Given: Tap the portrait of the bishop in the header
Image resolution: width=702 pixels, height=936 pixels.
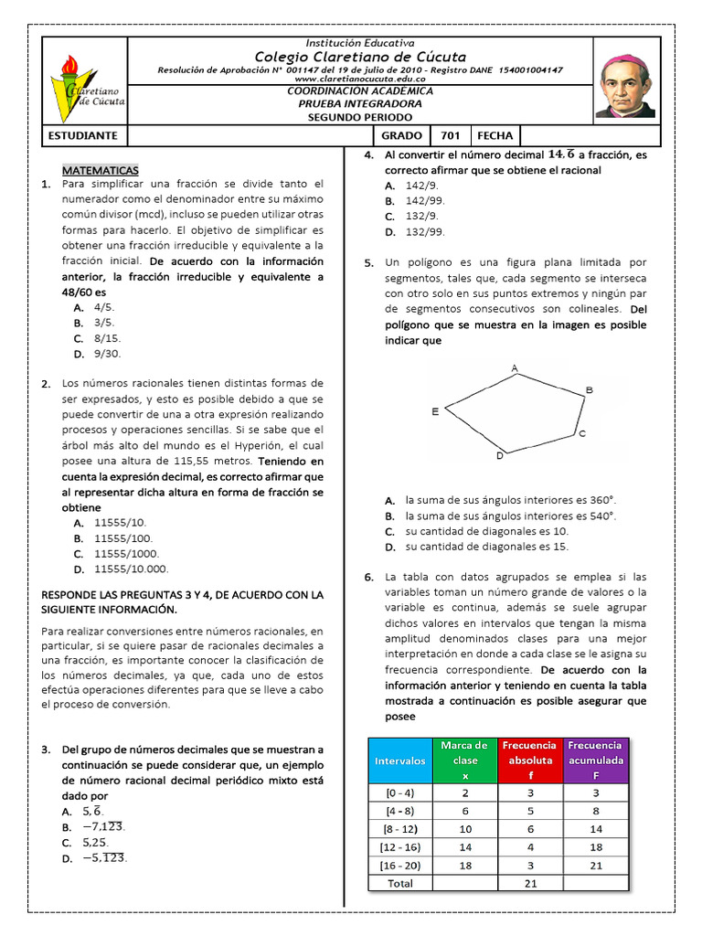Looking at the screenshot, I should (x=624, y=85).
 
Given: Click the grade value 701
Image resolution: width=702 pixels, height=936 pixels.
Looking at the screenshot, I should (x=450, y=135).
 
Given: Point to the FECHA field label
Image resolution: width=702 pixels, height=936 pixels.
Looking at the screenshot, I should (x=495, y=135).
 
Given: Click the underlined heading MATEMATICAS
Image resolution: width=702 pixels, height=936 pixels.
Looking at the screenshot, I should (x=101, y=170).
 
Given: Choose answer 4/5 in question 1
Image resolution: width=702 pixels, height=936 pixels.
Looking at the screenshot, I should (x=104, y=308).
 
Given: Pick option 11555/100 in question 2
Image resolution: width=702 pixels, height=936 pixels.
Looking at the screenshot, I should (x=123, y=538).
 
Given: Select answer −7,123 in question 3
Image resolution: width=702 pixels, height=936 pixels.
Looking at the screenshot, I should (x=102, y=826).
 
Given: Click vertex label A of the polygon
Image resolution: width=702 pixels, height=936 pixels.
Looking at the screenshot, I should (x=515, y=367).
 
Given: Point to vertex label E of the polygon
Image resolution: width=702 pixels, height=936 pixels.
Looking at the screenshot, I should (x=435, y=411).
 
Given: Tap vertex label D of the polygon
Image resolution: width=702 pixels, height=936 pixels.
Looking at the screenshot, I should (x=499, y=455).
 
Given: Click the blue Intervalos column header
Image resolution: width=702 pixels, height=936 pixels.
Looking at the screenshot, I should (x=399, y=760).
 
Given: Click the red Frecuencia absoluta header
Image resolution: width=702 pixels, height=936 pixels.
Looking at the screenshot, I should (x=528, y=760).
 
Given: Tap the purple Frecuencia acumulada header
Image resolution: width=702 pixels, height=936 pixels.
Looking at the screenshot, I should (x=596, y=760).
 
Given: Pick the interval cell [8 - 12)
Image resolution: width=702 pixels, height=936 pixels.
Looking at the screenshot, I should (x=399, y=828).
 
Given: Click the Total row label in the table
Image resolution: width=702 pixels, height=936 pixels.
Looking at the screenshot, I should (x=399, y=883).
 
